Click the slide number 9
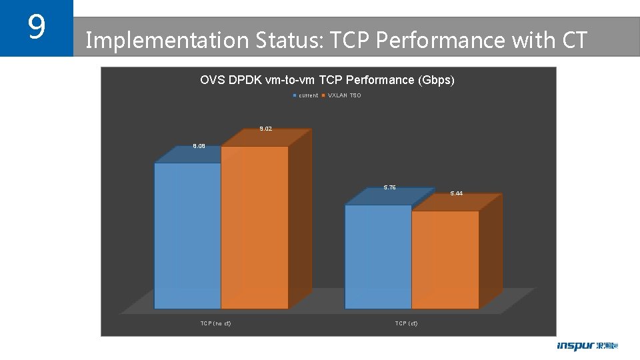36,27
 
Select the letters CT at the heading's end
575,41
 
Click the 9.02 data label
265,129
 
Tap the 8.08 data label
199,146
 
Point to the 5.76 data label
389,187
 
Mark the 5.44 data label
456,193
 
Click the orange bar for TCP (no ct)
254,227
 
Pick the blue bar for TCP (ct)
377,257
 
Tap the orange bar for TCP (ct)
445,260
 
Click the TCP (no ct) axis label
215,323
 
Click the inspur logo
587,346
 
